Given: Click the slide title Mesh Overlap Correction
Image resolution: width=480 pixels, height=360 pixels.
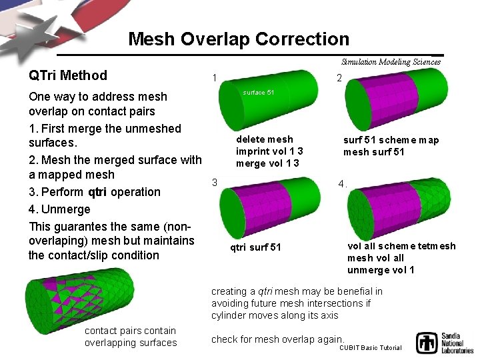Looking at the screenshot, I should coord(238,39).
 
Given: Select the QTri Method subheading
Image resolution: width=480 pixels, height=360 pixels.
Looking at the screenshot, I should coord(68,75).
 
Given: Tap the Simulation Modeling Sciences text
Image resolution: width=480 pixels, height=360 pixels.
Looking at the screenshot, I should coord(391,62).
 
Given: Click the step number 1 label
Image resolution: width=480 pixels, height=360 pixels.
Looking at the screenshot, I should coord(213,78).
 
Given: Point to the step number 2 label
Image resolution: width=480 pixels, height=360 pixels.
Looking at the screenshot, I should coord(339,78).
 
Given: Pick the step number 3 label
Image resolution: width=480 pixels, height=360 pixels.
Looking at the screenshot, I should coord(214,182).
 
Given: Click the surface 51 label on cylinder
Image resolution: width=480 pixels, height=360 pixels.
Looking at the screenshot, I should coord(258,92).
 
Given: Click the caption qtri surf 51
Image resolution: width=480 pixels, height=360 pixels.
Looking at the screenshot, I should coord(255,247).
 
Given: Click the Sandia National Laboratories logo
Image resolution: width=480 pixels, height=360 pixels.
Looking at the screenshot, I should coord(444,342).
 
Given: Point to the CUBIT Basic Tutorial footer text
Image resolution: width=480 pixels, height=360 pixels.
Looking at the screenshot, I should coord(371,348).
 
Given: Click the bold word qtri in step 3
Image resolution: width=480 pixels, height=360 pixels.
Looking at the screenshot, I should coord(97,192).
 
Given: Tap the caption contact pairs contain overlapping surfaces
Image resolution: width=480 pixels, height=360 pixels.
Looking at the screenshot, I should coord(131,337).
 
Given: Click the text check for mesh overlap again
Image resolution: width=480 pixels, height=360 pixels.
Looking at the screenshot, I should coord(277,339).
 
